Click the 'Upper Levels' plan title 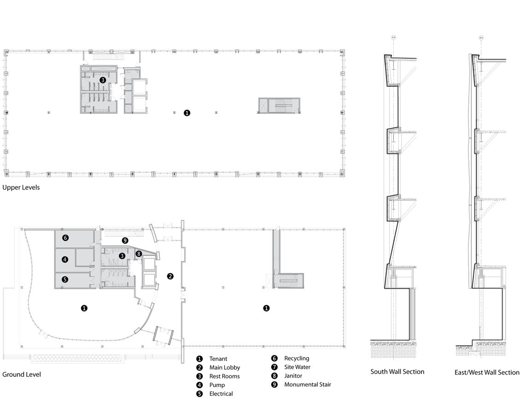click(21, 187)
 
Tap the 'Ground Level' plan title click(22, 374)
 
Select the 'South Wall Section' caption click(397, 372)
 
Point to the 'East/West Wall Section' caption click(487, 372)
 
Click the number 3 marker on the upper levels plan click(102, 80)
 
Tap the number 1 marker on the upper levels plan click(187, 113)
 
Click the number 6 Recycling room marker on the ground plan click(65, 238)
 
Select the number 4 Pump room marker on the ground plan click(65, 259)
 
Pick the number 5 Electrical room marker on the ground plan click(65, 280)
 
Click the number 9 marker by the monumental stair click(125, 240)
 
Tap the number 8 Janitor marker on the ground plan click(139, 254)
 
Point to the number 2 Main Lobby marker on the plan click(170, 276)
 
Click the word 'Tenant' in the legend click(218, 359)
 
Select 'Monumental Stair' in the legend click(308, 385)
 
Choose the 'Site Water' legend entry click(297, 367)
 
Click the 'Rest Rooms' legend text click(225, 376)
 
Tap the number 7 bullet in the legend click(274, 367)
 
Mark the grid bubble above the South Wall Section click(393, 38)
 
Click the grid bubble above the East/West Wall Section click(481, 38)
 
